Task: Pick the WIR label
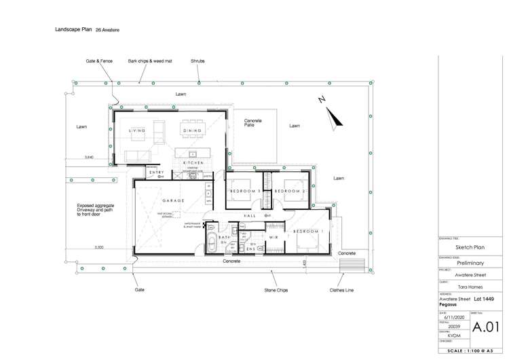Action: pyautogui.click(x=274, y=237)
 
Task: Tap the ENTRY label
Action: pyautogui.click(x=157, y=172)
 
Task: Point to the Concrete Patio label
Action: pyautogui.click(x=253, y=123)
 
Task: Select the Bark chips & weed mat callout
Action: pyautogui.click(x=150, y=61)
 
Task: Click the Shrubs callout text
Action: pyautogui.click(x=197, y=61)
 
